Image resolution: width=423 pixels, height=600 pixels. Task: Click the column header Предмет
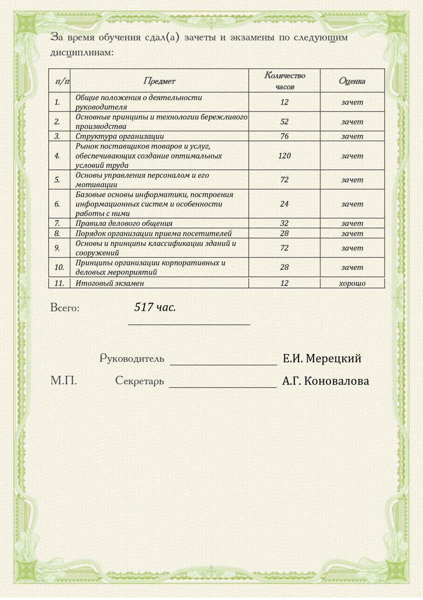point(159,81)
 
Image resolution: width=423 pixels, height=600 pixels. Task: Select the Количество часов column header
point(285,81)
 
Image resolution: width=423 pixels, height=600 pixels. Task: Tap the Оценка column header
point(352,81)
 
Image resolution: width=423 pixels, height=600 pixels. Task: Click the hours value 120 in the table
point(284,156)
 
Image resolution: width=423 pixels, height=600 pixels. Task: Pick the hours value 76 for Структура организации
point(284,136)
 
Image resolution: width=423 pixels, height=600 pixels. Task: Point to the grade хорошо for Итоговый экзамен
point(352,283)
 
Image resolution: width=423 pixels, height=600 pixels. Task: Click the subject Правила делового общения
point(124,223)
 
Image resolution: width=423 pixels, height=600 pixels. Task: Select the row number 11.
point(59,283)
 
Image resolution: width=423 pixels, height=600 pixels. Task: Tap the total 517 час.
point(155,307)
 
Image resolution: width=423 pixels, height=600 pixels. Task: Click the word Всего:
point(65,308)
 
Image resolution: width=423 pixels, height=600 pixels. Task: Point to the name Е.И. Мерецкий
point(322,358)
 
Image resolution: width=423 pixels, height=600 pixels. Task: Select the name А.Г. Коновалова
point(326,381)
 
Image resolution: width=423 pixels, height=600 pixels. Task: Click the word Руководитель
point(132,358)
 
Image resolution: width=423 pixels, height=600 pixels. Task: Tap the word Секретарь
point(139,380)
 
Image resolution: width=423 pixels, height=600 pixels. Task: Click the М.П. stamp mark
point(64,380)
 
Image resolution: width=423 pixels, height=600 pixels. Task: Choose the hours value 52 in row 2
point(284,122)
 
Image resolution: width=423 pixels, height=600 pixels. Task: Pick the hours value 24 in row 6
point(284,204)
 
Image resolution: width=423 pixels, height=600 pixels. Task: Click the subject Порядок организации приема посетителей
point(153,234)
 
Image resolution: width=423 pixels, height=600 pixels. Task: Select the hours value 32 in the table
point(284,223)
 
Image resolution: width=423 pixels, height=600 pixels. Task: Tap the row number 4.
point(57,156)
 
